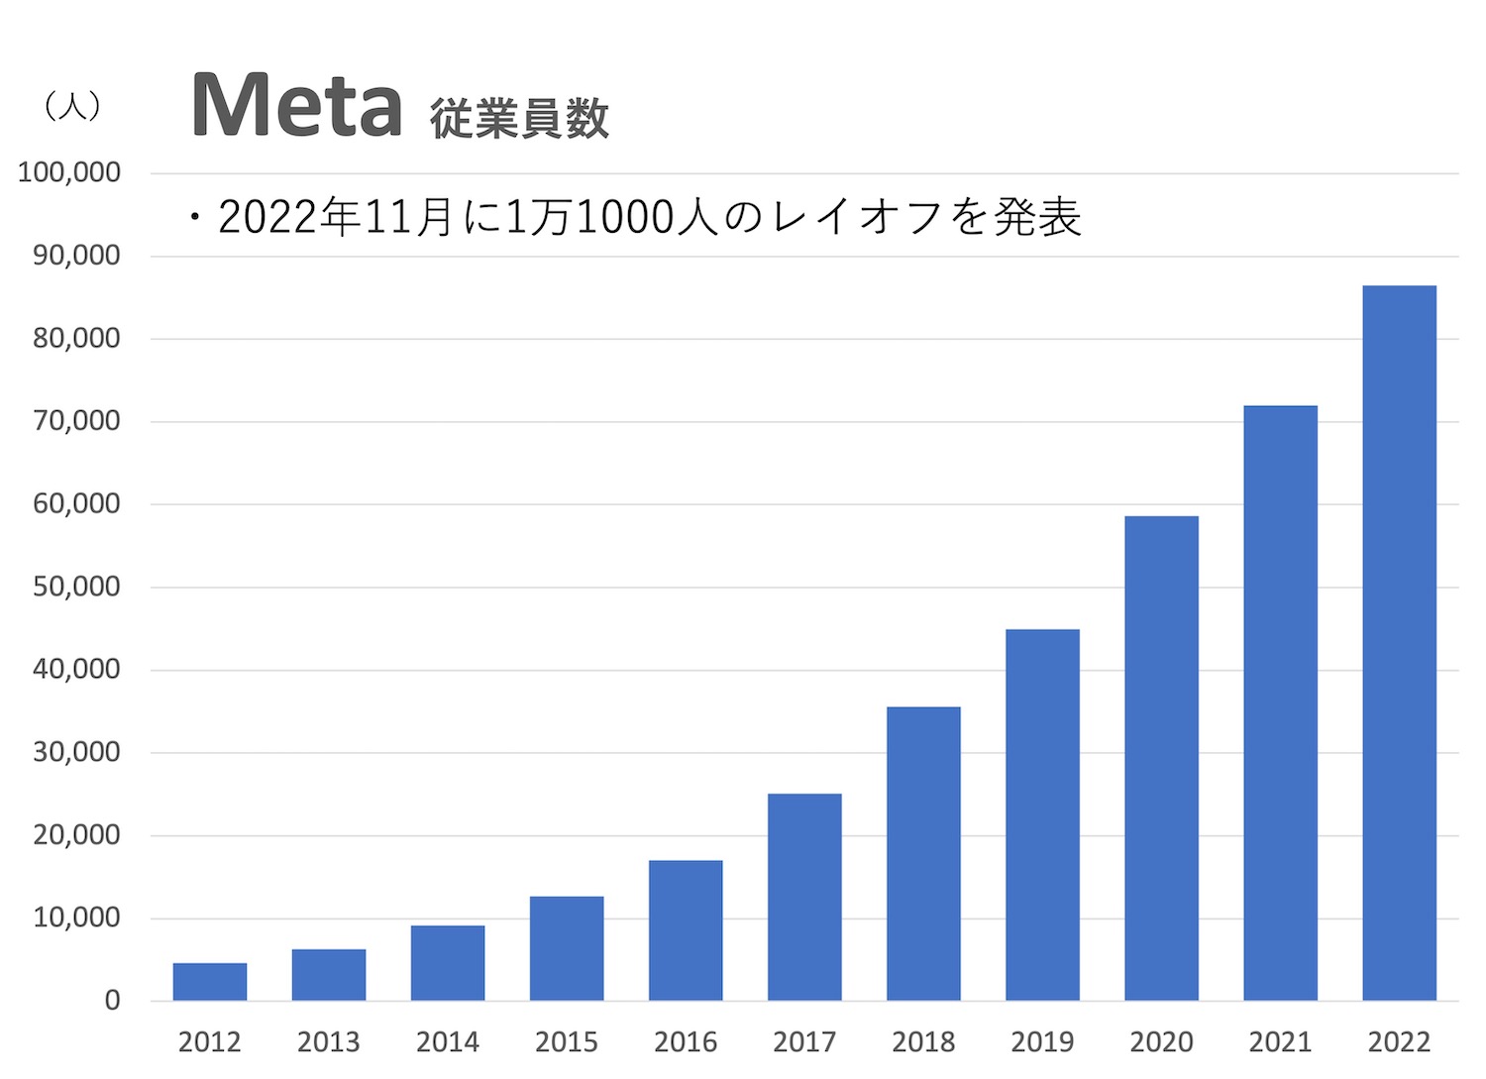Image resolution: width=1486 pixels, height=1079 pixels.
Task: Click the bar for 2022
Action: [1399, 643]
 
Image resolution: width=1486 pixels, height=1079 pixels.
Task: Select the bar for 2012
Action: [210, 981]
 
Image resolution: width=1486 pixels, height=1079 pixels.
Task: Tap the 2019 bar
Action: [1042, 814]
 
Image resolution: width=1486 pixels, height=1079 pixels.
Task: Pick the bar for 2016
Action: [686, 930]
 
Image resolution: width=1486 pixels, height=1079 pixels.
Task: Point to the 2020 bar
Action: [1161, 758]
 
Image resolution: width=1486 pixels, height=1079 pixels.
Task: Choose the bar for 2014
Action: [448, 963]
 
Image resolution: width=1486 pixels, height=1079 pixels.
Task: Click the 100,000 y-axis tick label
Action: [69, 172]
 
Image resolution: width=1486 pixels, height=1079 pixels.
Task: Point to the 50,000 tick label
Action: [76, 587]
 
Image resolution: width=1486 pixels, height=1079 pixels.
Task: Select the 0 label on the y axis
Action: [112, 1001]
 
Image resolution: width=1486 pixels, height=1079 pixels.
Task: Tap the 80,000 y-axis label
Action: [76, 338]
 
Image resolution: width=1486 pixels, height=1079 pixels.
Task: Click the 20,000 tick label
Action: [76, 835]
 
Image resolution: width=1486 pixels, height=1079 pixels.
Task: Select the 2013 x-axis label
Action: [329, 1042]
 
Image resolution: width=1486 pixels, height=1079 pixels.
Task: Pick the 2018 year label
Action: [923, 1042]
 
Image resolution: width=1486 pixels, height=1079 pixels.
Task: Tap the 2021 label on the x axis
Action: [1280, 1042]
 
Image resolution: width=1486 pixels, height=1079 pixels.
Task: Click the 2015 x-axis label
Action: [567, 1042]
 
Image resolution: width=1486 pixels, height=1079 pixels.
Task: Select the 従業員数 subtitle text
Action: [519, 119]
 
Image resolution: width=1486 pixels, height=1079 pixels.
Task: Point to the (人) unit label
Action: [72, 106]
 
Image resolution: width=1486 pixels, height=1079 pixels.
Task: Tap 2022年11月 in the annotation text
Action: [337, 217]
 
